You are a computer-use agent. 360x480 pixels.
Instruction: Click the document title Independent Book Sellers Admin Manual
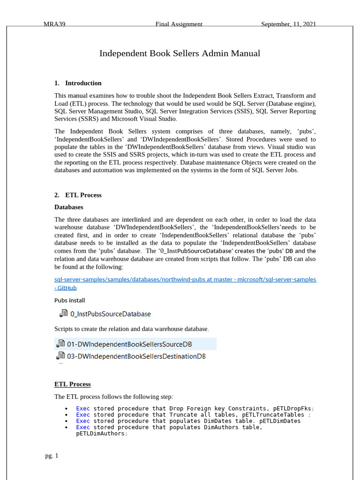180,53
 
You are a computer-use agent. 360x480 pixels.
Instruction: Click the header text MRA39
54,24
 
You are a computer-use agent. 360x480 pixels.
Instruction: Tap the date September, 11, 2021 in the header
288,24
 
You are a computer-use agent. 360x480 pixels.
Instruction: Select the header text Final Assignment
179,24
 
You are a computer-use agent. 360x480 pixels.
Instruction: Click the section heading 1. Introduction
78,83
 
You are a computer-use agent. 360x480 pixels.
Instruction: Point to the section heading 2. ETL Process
78,195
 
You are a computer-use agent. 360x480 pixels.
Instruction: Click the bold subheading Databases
69,207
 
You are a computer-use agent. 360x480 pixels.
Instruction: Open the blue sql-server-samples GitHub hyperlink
185,279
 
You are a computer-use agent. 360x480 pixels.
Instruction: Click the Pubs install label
70,300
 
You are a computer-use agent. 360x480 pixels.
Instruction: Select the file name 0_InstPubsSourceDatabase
111,314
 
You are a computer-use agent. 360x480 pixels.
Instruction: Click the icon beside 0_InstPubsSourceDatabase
63,314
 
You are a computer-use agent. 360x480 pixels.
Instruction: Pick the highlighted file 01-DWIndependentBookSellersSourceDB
129,344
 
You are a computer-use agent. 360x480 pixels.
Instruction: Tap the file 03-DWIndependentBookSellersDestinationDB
136,356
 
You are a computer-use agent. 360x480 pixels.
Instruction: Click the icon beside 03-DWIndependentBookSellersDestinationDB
60,356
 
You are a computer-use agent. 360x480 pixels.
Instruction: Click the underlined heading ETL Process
73,384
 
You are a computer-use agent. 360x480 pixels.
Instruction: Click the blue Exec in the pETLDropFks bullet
83,408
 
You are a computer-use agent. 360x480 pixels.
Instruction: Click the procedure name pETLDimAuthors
100,434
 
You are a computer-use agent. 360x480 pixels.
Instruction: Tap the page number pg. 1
52,456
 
